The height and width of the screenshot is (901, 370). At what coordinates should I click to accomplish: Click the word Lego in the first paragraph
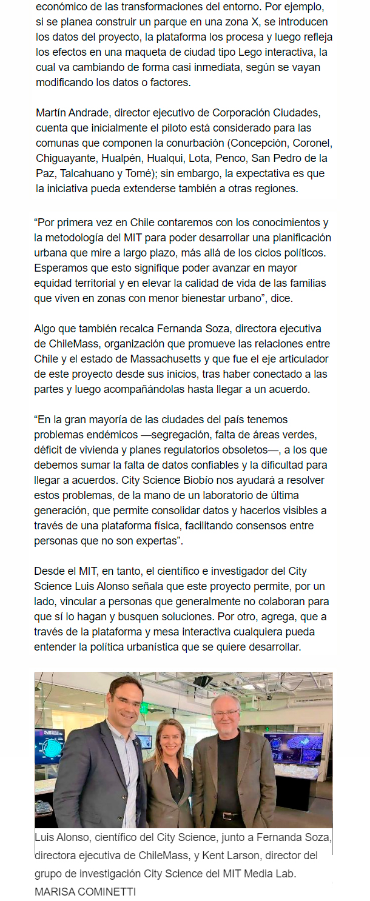click(x=258, y=53)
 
